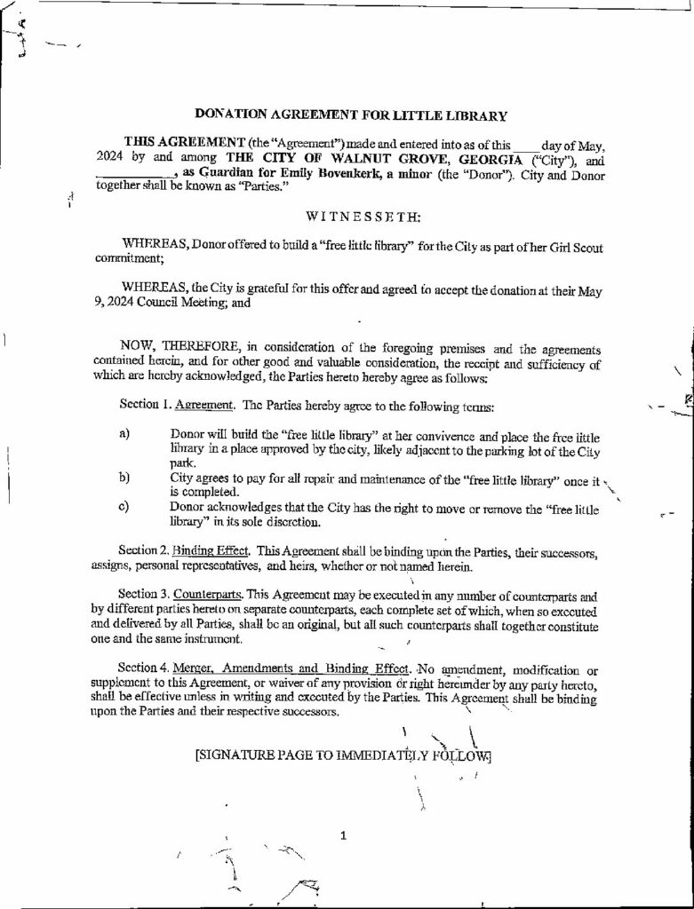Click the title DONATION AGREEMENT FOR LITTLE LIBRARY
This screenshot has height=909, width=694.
tap(351, 115)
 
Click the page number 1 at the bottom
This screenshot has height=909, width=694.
tap(344, 834)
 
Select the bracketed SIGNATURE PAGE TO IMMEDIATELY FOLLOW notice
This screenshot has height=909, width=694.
tap(343, 756)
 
